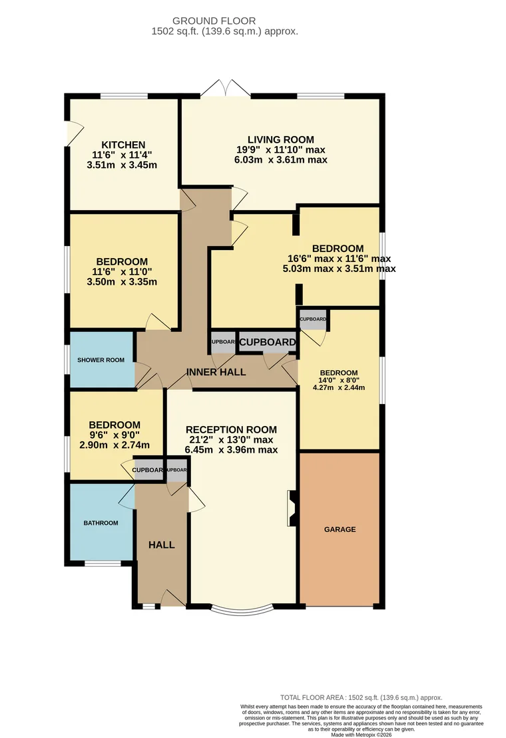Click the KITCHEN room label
tap(123, 145)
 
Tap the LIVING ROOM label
tap(280, 140)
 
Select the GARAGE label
tap(340, 529)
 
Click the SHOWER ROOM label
tap(101, 360)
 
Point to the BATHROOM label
tap(101, 523)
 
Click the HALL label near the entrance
tap(161, 545)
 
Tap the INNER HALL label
tap(216, 372)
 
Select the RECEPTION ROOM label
tap(231, 429)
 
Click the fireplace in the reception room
tap(292, 509)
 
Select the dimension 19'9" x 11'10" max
tap(280, 150)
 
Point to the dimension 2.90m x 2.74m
tap(115, 445)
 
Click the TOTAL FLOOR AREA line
tap(360, 697)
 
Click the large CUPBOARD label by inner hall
tap(267, 343)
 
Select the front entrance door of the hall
tap(174, 598)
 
